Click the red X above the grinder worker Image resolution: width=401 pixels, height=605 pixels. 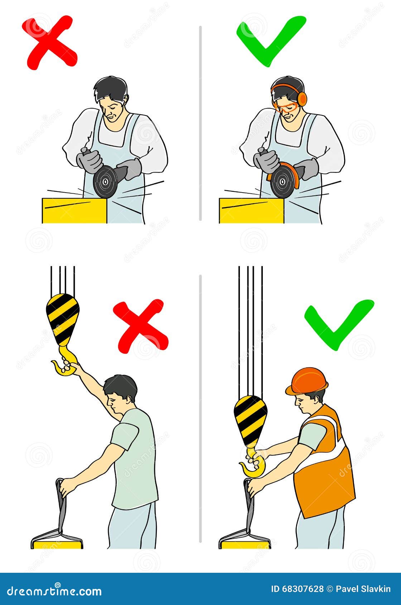(49, 42)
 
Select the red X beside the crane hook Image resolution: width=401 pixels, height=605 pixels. (141, 326)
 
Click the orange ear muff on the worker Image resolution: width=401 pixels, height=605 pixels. (302, 98)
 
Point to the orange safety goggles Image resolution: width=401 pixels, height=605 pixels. (285, 106)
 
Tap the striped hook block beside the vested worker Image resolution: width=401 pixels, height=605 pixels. (250, 419)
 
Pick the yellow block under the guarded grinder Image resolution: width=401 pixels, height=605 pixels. (251, 211)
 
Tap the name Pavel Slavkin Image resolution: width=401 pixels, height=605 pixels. (363, 589)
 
